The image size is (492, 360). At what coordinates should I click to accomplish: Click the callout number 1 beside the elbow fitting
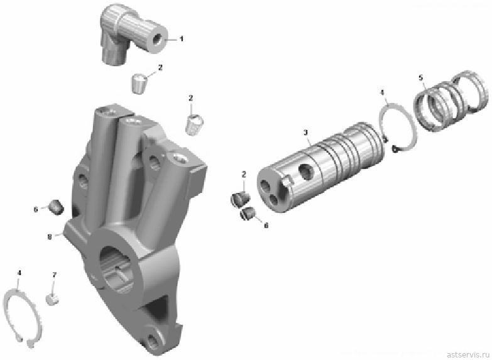tap(181, 39)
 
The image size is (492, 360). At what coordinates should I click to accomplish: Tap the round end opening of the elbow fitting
tap(156, 40)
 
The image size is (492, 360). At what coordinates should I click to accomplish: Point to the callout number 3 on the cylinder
tap(305, 133)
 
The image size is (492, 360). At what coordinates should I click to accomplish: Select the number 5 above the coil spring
tap(421, 77)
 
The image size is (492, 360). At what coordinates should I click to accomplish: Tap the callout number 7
tap(54, 275)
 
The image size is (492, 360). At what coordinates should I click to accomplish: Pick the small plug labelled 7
tap(52, 299)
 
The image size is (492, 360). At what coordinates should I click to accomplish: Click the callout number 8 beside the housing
tap(50, 237)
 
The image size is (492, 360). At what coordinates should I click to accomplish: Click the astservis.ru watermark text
tap(469, 354)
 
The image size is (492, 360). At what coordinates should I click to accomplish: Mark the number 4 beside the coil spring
tap(382, 93)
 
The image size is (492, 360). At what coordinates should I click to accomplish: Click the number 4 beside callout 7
tap(19, 273)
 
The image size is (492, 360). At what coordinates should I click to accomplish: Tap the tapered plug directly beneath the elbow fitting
tap(138, 83)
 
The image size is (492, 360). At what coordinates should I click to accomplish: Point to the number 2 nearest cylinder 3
tap(244, 175)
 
